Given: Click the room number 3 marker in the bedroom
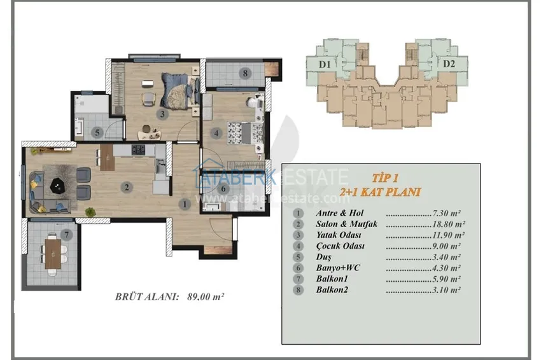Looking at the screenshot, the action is click(162, 114).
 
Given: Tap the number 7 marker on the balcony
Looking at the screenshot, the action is click(67, 235).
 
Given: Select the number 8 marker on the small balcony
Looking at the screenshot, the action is click(245, 73).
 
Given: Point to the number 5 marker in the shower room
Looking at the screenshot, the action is click(97, 132).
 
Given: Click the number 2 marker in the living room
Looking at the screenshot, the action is click(127, 187).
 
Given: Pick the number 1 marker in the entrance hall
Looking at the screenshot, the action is click(185, 204).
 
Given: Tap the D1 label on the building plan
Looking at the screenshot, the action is click(325, 64).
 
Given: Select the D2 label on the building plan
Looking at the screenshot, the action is click(449, 64).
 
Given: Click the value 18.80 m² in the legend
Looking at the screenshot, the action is click(449, 224).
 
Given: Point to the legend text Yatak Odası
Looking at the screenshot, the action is click(339, 235).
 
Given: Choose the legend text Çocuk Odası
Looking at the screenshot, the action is click(341, 246).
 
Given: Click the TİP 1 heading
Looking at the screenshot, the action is click(385, 178).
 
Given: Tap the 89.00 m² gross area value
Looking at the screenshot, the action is click(206, 296).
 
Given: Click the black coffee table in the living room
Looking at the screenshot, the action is click(58, 186).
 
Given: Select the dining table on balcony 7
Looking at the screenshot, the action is click(53, 254).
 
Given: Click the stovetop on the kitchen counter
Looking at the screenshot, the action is click(138, 149).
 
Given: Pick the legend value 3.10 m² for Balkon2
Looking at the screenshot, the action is click(446, 290).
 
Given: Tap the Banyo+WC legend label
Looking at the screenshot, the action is click(338, 268).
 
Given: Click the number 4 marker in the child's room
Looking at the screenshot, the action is click(216, 133).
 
